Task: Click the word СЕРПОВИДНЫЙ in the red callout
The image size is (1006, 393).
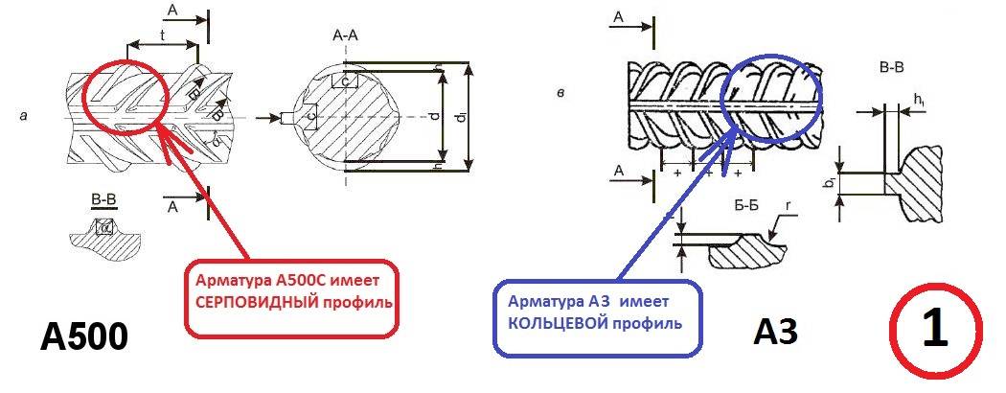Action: (x=251, y=304)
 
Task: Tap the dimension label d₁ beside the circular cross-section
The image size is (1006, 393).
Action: (x=461, y=118)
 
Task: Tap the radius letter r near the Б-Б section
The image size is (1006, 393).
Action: (x=788, y=205)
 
